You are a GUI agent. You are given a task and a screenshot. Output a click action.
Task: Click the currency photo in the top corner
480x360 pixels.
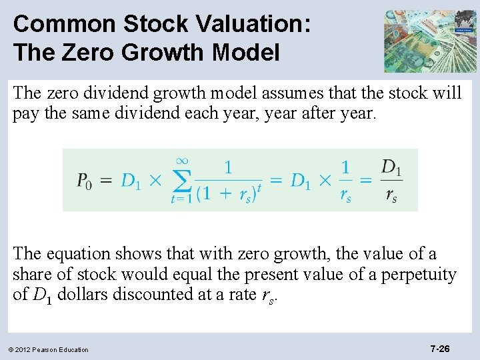[x=429, y=41]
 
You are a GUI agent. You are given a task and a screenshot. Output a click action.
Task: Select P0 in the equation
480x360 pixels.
[x=85, y=181]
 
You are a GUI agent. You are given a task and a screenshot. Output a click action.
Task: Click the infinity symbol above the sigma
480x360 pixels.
[x=181, y=160]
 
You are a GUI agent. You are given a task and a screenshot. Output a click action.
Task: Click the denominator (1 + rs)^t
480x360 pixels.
[x=228, y=193]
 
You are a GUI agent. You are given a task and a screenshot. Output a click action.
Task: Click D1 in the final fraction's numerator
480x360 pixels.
[x=391, y=167]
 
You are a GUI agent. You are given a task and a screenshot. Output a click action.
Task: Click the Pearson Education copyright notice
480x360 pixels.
[x=49, y=349]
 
